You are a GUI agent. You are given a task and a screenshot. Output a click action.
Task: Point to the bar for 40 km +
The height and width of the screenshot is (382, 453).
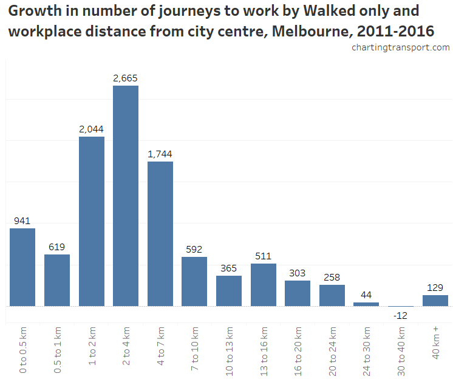[x=435, y=301]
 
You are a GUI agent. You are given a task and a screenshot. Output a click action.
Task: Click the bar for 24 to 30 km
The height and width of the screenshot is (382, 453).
[x=366, y=304]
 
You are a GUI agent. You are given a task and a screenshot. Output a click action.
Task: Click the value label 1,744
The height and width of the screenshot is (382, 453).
[x=160, y=154]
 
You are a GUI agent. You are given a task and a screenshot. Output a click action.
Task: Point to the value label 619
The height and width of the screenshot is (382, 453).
[x=57, y=247]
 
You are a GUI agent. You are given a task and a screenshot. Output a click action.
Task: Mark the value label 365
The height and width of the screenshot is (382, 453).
[x=229, y=268]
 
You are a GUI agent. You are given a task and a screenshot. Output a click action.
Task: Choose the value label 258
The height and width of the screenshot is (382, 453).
[x=332, y=278]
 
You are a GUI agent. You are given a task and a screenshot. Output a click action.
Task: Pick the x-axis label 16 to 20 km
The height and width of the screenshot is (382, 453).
[x=298, y=347]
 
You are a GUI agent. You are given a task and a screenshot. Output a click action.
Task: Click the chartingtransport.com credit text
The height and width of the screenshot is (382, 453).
[x=401, y=47]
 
